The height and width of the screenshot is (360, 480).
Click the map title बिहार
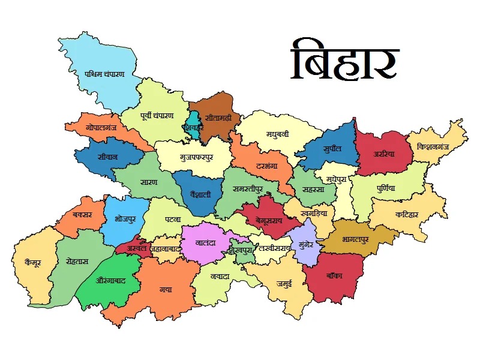click(x=344, y=61)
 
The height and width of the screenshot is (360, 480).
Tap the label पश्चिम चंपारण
click(x=104, y=74)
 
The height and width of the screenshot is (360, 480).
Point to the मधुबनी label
click(x=277, y=134)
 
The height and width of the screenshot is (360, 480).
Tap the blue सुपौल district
click(x=331, y=148)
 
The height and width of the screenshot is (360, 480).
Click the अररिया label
click(x=384, y=154)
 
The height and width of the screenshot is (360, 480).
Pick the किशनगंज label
click(x=437, y=146)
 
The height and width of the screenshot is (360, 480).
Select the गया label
click(x=166, y=289)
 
